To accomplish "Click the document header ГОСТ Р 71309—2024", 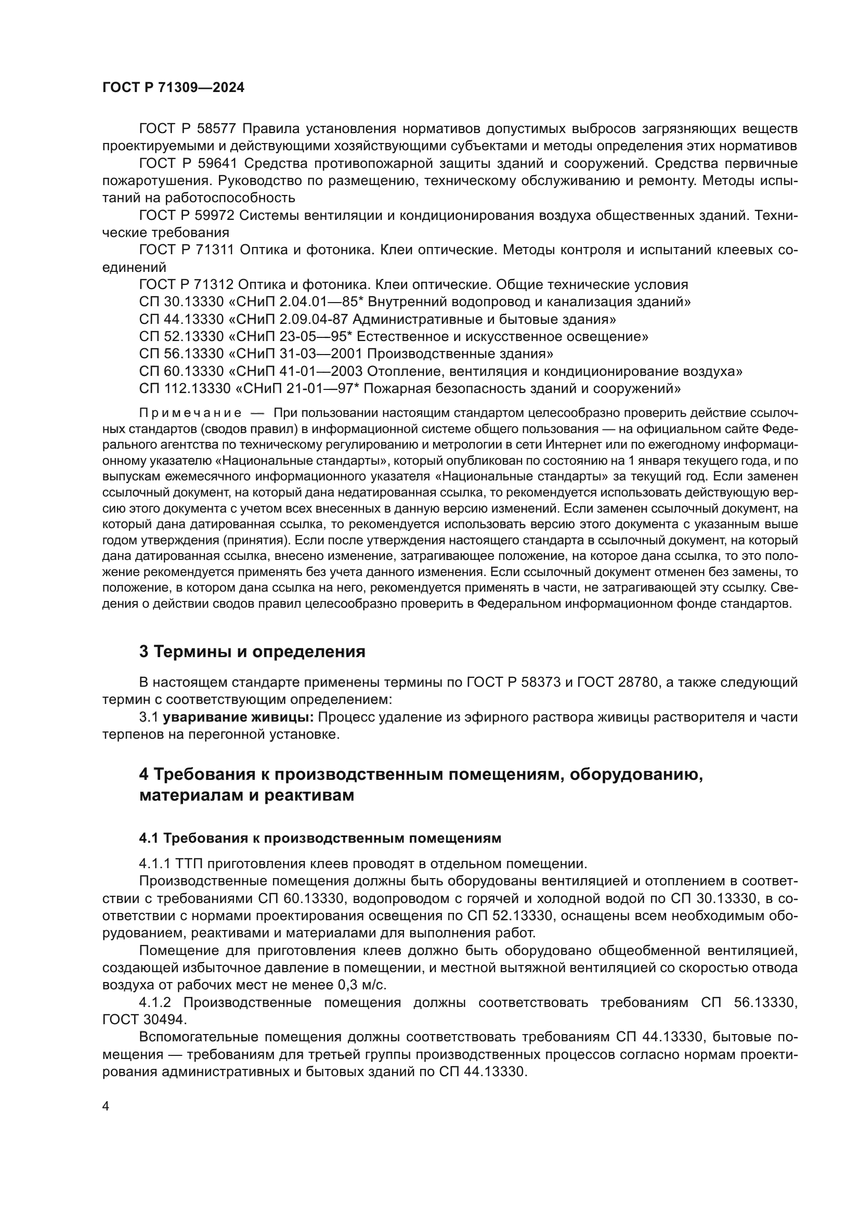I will coord(173,88).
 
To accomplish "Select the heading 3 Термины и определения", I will coord(252,651).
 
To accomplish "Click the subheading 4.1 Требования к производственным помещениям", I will coord(320,838).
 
